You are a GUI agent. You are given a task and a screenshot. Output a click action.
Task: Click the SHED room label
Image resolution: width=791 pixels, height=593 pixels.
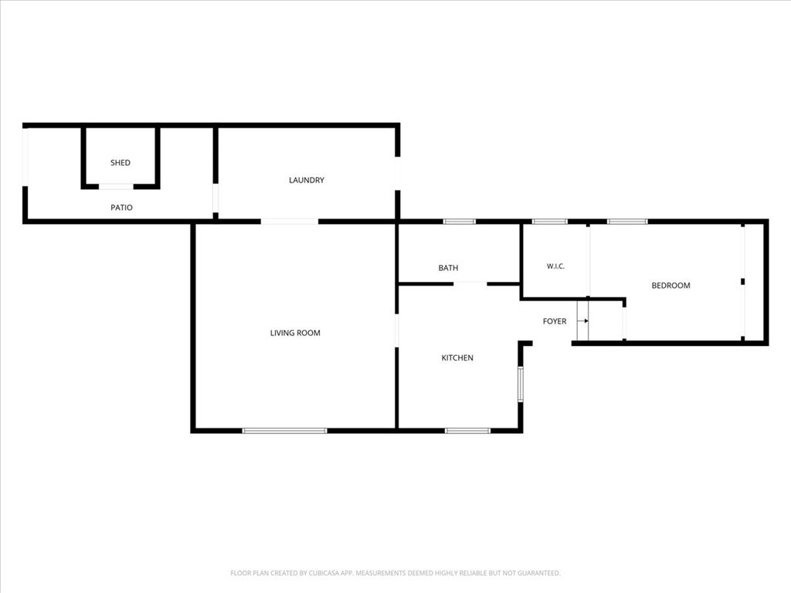[x=121, y=162]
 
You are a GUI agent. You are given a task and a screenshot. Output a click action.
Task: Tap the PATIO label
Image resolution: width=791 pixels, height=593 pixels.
[x=121, y=207]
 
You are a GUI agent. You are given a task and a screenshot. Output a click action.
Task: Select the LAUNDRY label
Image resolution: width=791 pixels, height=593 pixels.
[x=306, y=180]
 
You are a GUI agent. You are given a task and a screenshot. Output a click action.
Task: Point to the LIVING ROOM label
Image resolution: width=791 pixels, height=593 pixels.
[x=295, y=333]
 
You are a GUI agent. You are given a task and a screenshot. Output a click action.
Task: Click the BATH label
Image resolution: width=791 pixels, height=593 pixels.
[x=448, y=268]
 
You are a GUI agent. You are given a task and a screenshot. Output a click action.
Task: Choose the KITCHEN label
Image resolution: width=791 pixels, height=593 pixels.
[x=457, y=357]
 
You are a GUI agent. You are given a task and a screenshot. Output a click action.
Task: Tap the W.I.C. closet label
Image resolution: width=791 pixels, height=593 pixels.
[x=555, y=266]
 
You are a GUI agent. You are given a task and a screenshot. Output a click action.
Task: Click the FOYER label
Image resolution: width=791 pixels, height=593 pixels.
[x=555, y=321]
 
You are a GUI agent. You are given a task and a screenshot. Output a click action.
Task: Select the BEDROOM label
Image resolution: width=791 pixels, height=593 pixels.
[x=670, y=286]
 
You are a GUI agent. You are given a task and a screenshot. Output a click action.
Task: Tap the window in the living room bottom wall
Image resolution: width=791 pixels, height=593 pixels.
[x=284, y=431]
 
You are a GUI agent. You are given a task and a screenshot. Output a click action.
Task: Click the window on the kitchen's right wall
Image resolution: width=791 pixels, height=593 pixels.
[x=520, y=385]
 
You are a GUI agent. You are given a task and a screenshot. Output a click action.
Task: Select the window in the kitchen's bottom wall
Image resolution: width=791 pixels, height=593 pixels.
[x=467, y=431]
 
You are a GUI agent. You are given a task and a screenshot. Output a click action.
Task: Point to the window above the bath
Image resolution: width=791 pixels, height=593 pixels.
[x=459, y=222]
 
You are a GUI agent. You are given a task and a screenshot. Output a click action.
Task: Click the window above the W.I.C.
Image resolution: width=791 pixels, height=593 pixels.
[x=550, y=222]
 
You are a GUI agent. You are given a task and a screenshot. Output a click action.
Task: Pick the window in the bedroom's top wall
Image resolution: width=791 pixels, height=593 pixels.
[x=627, y=222]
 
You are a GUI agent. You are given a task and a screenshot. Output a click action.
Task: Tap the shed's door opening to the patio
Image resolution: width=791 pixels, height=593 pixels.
[x=116, y=187]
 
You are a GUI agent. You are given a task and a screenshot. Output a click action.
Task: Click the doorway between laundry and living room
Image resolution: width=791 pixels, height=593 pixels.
[x=290, y=222]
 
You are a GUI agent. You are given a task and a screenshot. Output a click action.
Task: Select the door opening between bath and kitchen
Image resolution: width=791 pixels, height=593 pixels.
[x=470, y=284]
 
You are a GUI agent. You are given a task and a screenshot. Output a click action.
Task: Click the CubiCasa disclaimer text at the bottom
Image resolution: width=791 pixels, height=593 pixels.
[x=395, y=573]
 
